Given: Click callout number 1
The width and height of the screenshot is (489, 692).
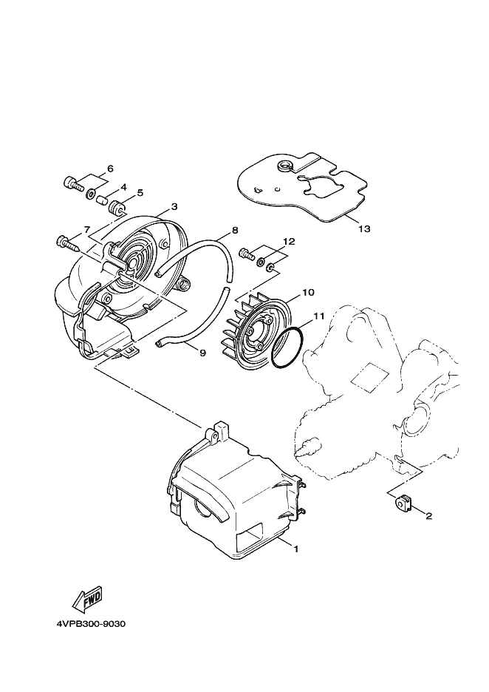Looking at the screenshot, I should [295, 549].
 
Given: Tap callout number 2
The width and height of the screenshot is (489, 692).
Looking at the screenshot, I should [428, 517].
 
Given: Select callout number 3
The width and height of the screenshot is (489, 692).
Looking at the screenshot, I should [174, 207].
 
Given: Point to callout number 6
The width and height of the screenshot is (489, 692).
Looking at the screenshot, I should [110, 169].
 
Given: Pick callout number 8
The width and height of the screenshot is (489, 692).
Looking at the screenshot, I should [235, 230].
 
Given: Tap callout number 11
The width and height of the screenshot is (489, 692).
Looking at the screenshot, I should [318, 316].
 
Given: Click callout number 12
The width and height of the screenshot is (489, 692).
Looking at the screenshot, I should [289, 242].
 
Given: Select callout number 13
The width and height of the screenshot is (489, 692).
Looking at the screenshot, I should [363, 229].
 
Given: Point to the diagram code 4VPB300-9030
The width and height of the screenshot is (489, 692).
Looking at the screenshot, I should [92, 623].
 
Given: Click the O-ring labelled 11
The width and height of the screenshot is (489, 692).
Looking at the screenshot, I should [287, 347].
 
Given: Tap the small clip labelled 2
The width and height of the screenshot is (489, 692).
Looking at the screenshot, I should [403, 503].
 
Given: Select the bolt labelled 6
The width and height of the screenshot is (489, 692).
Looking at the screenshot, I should [72, 183].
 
